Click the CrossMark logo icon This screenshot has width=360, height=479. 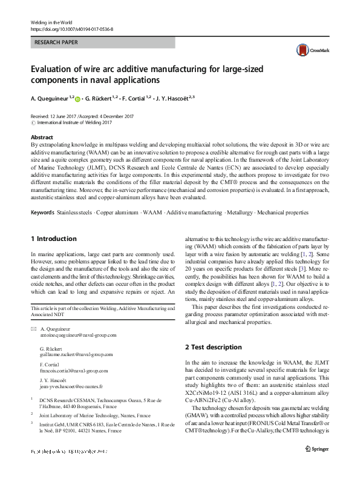tap(302, 50)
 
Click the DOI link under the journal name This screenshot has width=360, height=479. tap(71, 29)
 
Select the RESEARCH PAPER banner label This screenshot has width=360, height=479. tap(56, 43)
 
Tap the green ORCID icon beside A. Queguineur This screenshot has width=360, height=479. tap(77, 97)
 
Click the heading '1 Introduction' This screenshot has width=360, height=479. tap(53, 239)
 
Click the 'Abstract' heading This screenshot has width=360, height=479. tap(42, 137)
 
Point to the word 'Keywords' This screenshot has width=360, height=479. tap(42, 213)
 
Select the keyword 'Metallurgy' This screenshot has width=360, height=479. tap(240, 213)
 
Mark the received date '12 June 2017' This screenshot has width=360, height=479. tap(67, 116)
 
